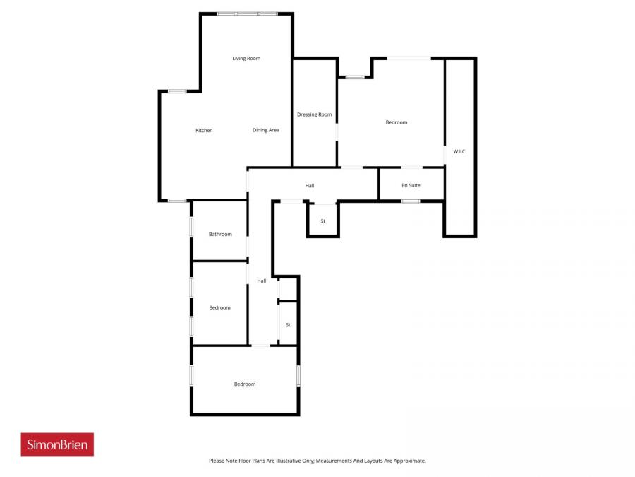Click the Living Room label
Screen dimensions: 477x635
(x=246, y=59)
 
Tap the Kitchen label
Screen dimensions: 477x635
(x=204, y=131)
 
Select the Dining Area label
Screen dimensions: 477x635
(x=266, y=130)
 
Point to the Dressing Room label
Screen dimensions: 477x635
(x=314, y=114)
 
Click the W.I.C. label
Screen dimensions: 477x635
(x=459, y=152)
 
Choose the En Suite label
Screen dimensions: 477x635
(x=411, y=186)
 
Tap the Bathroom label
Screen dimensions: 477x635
(x=220, y=235)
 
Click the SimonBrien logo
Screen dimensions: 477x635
(x=57, y=444)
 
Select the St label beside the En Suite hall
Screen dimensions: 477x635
(x=323, y=221)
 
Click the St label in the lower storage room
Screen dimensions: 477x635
(x=288, y=325)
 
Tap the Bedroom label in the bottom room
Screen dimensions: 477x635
(x=245, y=384)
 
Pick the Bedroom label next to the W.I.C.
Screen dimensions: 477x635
(x=397, y=123)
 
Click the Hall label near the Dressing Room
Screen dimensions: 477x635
(x=310, y=186)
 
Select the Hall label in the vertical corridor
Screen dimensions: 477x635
(x=262, y=281)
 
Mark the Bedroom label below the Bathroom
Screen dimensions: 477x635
(x=219, y=308)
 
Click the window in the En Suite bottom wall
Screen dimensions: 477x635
(x=411, y=201)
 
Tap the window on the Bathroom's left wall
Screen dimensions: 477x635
(x=191, y=226)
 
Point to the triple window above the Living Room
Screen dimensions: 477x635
(x=247, y=13)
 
